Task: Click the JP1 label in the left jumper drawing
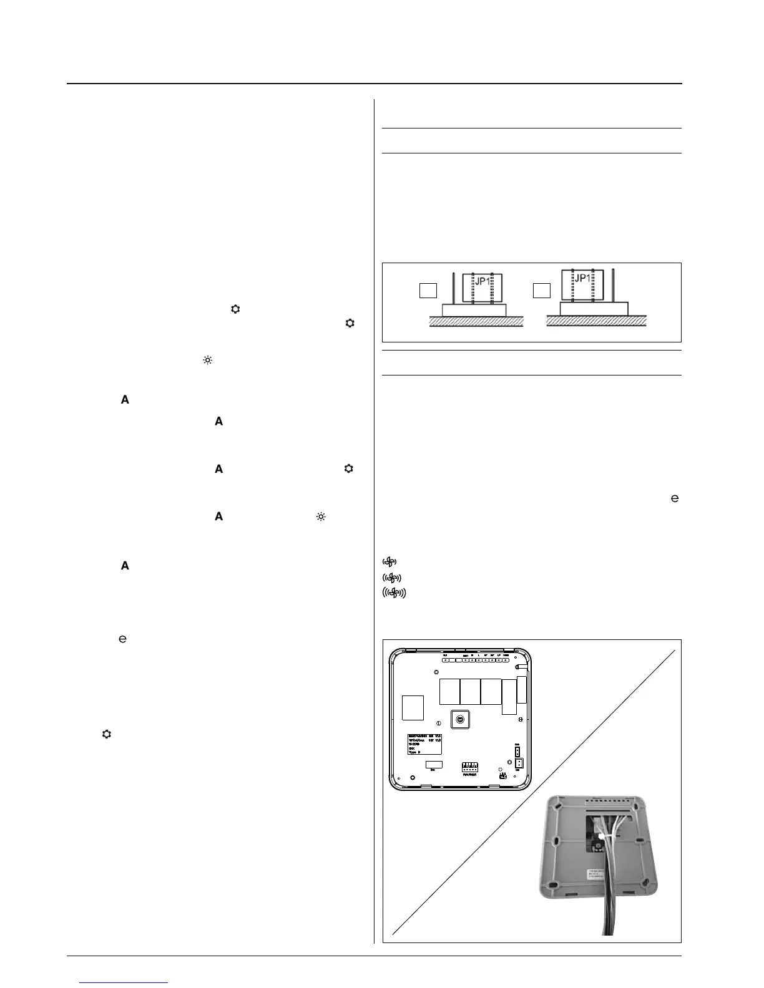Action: tap(481, 281)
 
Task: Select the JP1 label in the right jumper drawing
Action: tap(582, 278)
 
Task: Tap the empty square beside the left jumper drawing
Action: tap(428, 290)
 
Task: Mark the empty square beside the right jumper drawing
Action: tap(541, 290)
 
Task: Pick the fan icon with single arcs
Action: tap(389, 561)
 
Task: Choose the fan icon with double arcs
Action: tap(391, 577)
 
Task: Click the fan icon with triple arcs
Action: tap(393, 593)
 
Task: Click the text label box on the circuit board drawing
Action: tap(424, 743)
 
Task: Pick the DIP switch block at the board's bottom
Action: tap(469, 765)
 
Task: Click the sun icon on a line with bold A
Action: tap(321, 516)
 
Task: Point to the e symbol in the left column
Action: tap(123, 639)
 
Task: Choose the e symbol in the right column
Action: tap(674, 498)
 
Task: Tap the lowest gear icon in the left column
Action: tap(106, 734)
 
